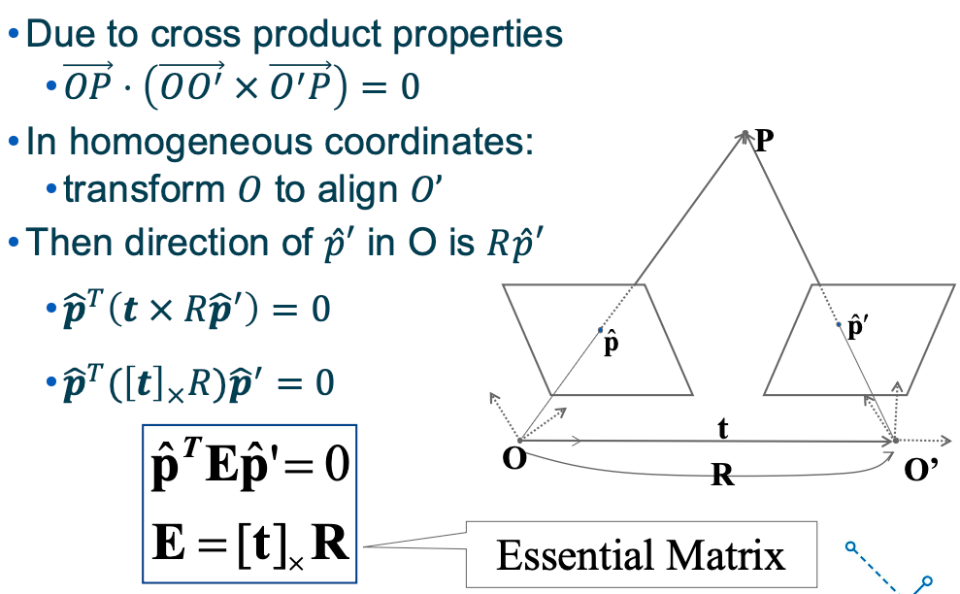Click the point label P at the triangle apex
click(764, 143)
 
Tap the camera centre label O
click(514, 458)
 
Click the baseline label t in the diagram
click(722, 428)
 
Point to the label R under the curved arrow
click(721, 476)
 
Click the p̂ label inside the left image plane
click(612, 344)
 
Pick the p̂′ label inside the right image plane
click(857, 326)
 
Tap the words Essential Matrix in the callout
click(640, 555)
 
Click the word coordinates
click(426, 143)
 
